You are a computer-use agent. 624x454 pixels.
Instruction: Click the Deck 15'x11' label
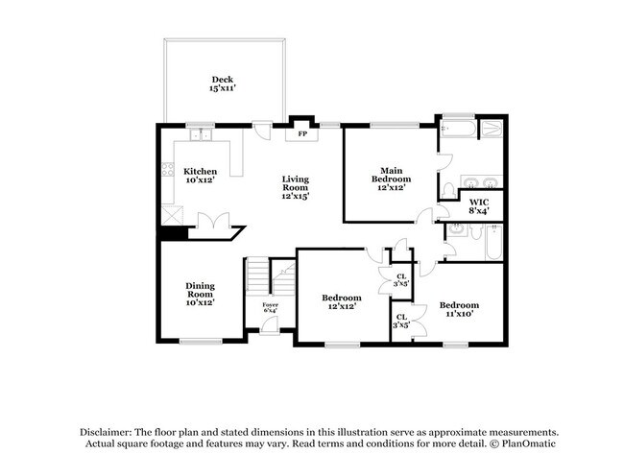(223, 84)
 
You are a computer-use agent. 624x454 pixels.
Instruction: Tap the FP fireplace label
(302, 134)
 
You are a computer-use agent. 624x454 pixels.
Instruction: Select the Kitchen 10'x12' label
(201, 176)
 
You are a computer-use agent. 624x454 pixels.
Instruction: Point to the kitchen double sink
(201, 135)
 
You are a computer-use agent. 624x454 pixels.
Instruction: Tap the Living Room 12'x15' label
(296, 187)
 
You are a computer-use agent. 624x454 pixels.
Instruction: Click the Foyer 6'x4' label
(270, 307)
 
